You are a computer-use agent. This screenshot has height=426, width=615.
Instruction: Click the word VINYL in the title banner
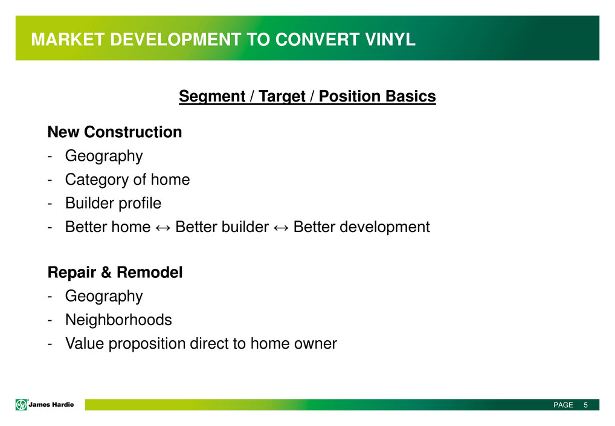(x=390, y=39)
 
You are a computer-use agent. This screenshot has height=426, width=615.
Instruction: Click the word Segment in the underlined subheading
(x=212, y=97)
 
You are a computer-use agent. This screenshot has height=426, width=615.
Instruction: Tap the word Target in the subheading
(x=282, y=97)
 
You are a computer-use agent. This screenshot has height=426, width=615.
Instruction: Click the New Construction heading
(x=115, y=132)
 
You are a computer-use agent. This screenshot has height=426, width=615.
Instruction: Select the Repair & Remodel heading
(x=115, y=273)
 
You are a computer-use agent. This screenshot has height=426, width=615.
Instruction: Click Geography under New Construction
(x=104, y=156)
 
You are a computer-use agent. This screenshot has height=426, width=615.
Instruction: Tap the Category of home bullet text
(x=127, y=179)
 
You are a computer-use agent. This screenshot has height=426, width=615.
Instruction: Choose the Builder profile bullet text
(x=113, y=203)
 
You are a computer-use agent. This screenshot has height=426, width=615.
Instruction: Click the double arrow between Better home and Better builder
(x=163, y=228)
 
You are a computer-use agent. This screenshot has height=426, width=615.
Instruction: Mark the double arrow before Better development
(x=281, y=228)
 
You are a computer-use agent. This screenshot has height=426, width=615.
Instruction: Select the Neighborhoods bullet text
(x=118, y=320)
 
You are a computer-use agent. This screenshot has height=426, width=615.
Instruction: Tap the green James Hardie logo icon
(x=21, y=404)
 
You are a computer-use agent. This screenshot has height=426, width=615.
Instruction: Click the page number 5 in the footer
(x=585, y=405)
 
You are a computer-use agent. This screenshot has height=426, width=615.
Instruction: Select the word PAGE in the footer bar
(x=563, y=405)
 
